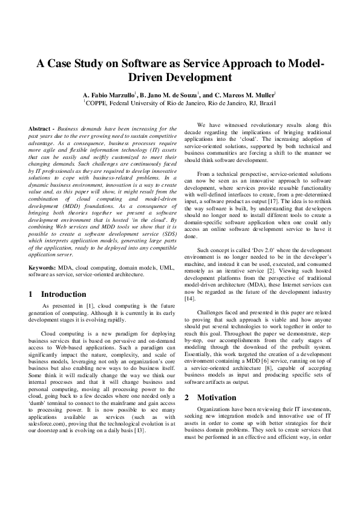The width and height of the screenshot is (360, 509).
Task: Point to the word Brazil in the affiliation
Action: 264,103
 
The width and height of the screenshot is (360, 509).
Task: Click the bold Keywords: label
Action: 44,267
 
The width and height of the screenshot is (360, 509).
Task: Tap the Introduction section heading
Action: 64,294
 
